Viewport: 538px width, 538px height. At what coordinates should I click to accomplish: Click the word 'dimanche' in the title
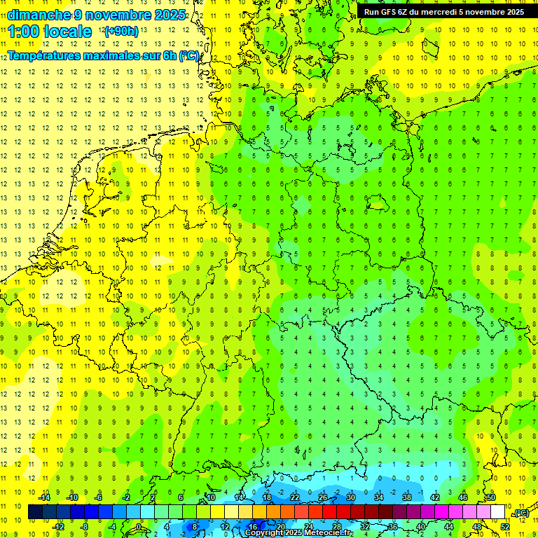tap(39, 15)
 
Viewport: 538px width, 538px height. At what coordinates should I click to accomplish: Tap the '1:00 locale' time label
tap(50, 32)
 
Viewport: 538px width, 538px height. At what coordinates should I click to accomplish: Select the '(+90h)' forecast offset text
tap(120, 32)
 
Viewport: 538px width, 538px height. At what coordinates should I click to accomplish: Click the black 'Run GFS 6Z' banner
tap(443, 11)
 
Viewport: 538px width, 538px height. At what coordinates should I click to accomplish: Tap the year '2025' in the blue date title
tap(169, 15)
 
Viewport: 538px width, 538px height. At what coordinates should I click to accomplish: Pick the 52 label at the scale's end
tap(505, 527)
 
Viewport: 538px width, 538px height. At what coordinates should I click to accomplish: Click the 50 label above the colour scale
tap(491, 497)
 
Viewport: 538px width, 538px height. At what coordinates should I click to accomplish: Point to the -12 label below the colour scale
tap(58, 527)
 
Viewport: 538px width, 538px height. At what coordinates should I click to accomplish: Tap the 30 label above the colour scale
tap(351, 497)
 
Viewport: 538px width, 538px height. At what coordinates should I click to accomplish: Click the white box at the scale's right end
tap(498, 512)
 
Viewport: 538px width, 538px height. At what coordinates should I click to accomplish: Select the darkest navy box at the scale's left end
tap(35, 512)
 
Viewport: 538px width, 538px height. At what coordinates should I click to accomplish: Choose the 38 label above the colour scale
tap(407, 497)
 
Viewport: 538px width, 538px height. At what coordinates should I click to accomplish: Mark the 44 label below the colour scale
tap(449, 527)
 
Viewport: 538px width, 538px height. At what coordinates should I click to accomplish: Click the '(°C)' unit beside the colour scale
tap(520, 513)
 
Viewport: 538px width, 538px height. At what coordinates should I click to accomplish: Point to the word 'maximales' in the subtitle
tap(115, 56)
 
